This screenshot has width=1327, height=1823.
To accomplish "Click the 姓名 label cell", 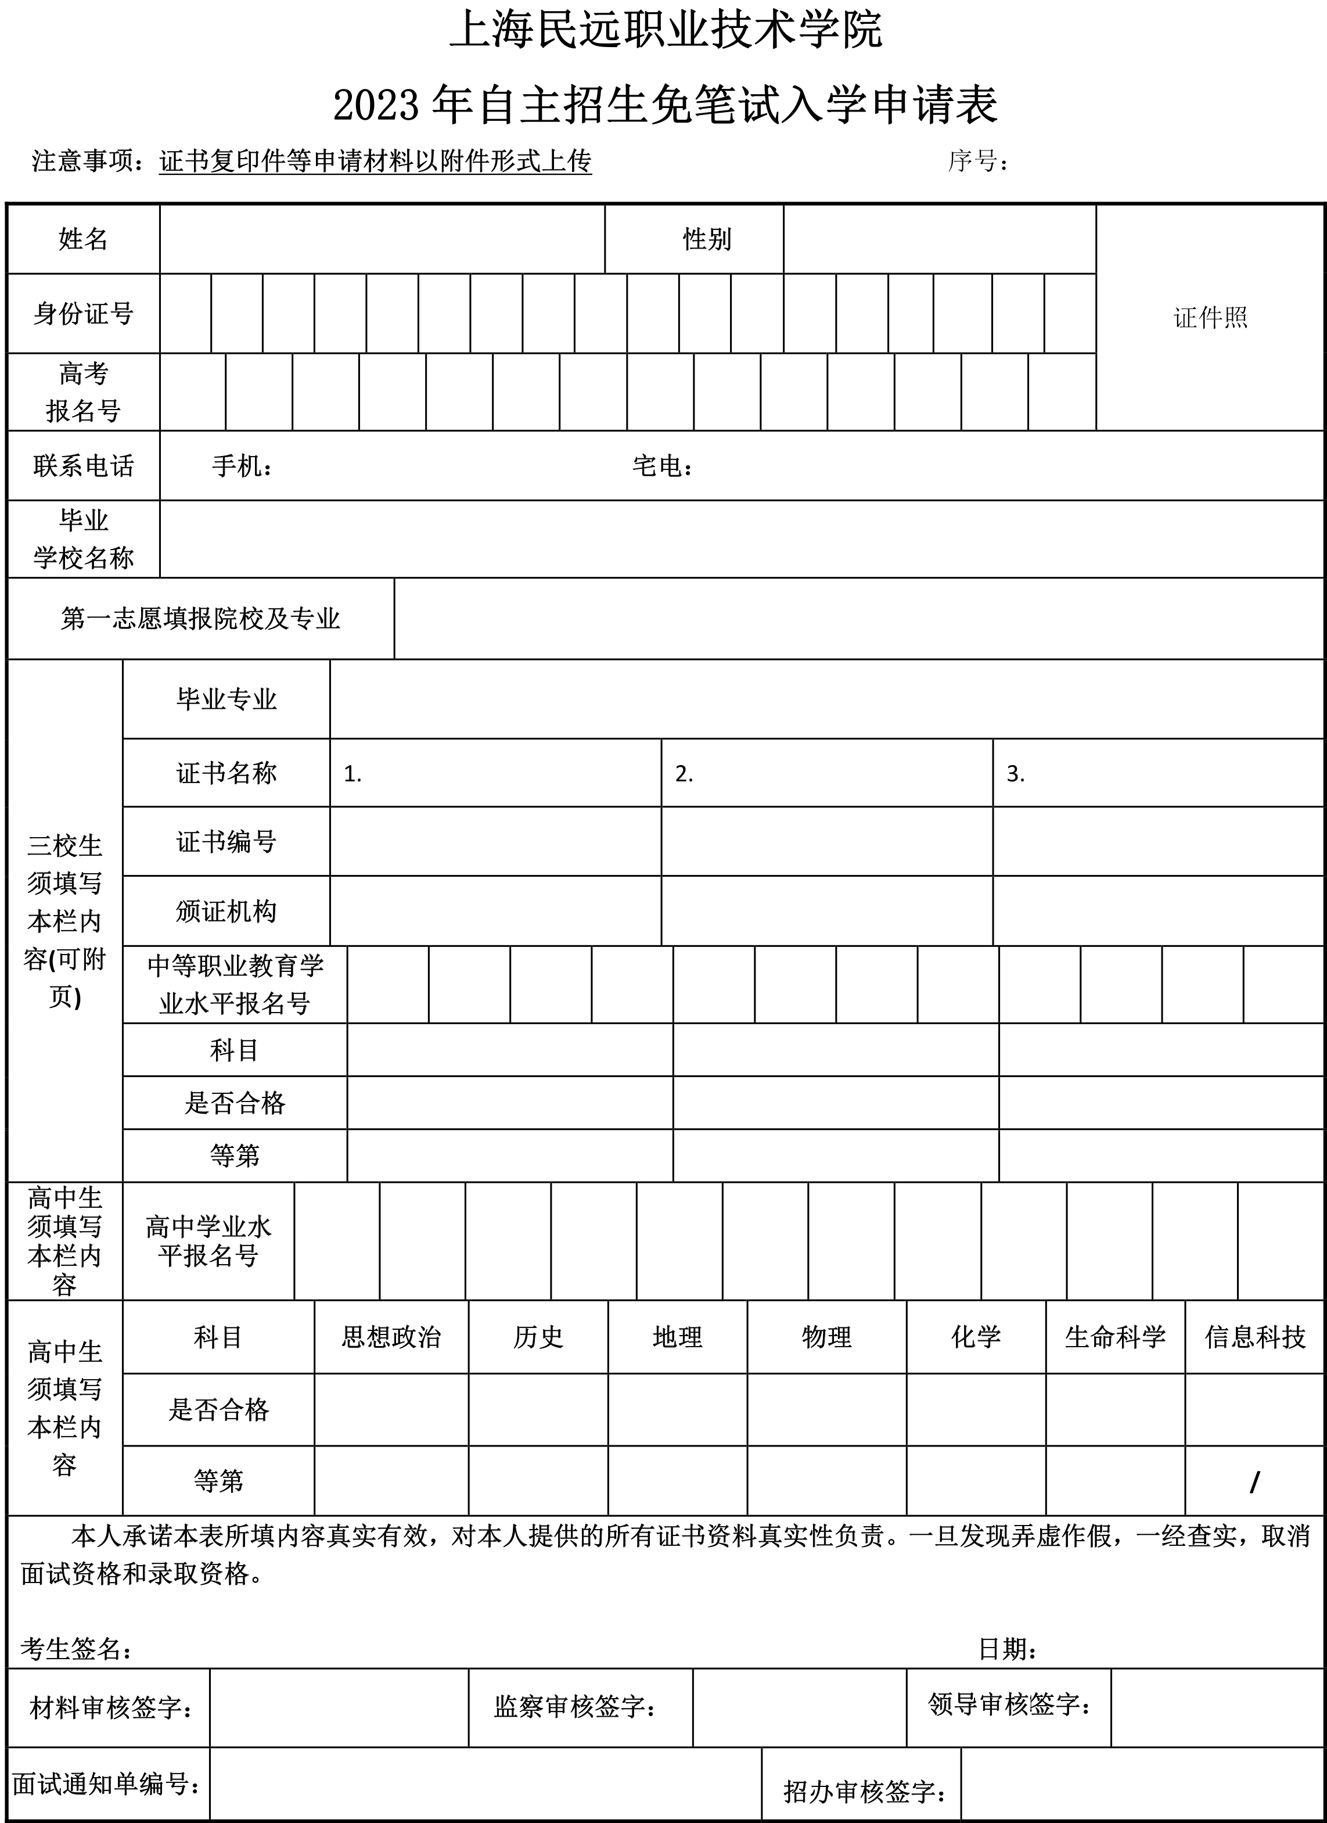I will (83, 239).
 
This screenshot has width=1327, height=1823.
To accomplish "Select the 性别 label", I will (707, 239).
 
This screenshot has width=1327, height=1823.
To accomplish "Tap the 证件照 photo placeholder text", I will (1210, 318).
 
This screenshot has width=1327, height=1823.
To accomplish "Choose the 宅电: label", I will (662, 465).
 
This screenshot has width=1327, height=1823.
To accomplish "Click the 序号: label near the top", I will (977, 162).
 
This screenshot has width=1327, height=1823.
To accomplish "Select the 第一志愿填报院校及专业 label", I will (200, 618).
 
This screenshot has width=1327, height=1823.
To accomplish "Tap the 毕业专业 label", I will (226, 698).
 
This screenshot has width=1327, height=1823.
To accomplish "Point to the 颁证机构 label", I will (226, 911).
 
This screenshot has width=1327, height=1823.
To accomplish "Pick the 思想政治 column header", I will (391, 1337).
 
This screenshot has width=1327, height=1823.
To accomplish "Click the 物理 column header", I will (826, 1337).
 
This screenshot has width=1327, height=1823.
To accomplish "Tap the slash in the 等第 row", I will (1254, 1481).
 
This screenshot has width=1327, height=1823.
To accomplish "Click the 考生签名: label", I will (76, 1649).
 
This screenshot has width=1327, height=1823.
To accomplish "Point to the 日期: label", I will (1007, 1649).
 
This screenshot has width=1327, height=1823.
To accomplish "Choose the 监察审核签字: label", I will (575, 1706).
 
